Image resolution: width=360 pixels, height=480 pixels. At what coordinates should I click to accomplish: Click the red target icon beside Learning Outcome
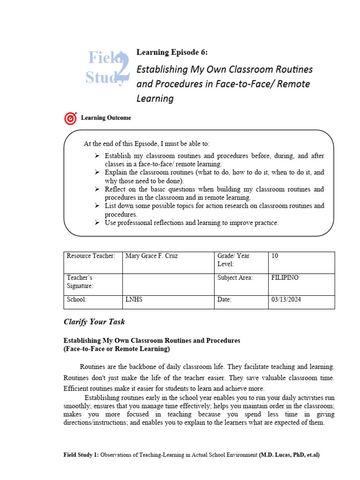(70, 118)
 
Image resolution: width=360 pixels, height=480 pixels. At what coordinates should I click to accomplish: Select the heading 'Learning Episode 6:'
(171, 52)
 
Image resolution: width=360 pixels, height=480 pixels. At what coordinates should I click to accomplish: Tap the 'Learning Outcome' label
(106, 118)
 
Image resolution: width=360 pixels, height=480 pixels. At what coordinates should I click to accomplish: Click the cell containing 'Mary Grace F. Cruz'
(152, 256)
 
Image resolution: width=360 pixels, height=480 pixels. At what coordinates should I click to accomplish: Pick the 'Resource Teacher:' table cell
(90, 256)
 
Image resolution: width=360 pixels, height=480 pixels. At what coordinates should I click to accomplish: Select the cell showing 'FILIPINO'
(285, 277)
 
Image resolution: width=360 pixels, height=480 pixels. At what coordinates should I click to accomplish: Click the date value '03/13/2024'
(286, 300)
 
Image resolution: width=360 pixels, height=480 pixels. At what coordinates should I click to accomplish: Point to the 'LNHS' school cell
(134, 300)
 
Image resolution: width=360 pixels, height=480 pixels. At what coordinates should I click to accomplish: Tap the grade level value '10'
(275, 256)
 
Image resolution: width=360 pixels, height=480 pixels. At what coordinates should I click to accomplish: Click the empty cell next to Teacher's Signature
(168, 285)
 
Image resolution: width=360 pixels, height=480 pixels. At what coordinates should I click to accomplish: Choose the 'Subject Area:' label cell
(235, 277)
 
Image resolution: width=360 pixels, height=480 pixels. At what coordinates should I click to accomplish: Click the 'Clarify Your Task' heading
(94, 322)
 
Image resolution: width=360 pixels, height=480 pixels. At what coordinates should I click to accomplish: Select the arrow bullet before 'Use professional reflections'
(97, 223)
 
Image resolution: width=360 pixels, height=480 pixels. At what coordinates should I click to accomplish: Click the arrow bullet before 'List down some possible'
(97, 206)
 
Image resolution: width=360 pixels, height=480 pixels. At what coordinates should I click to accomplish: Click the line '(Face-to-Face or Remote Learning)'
(117, 349)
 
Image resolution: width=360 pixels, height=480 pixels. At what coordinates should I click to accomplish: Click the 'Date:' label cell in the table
(225, 300)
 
